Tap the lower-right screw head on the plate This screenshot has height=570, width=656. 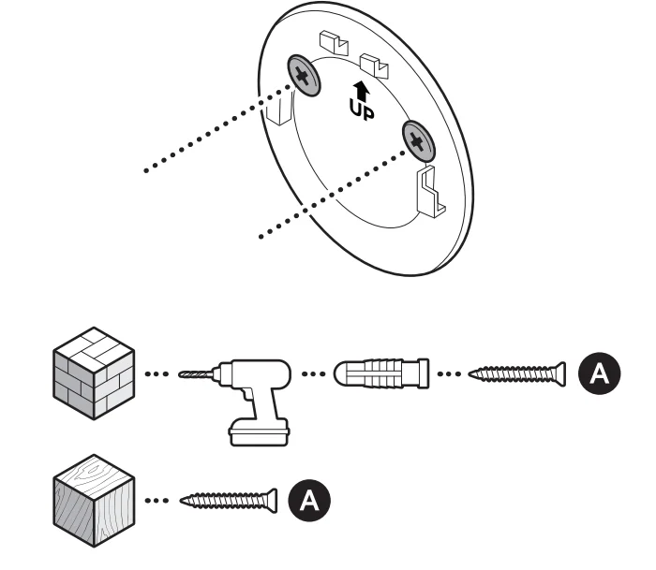coord(418,140)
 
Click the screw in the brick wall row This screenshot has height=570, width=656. coord(517,373)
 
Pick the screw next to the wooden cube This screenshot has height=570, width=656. coord(230,499)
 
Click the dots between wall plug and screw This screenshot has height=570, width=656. coord(452,374)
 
